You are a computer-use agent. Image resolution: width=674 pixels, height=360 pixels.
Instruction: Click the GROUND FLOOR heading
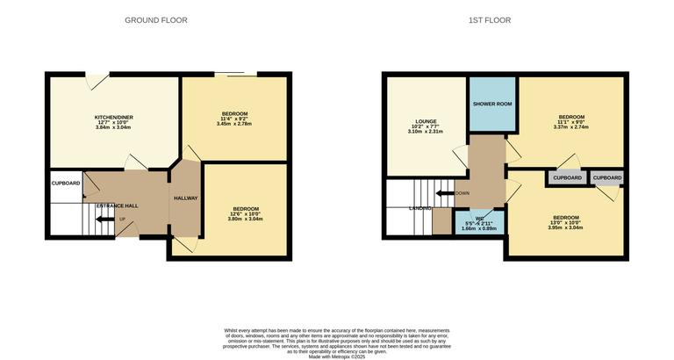pos(155,20)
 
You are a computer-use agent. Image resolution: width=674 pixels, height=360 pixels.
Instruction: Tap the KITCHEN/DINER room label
pos(113,116)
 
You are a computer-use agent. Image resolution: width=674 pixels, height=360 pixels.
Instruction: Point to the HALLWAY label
pos(185,198)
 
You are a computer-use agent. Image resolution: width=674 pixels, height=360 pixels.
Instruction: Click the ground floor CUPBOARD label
pos(66,183)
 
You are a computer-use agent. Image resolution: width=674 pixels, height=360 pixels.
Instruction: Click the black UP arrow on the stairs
pos(104,220)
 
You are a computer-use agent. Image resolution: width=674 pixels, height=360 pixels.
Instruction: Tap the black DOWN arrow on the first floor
pos(446,193)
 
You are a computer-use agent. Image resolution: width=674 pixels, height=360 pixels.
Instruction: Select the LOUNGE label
pos(426,121)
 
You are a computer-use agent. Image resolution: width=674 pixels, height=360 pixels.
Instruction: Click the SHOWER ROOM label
pos(492,104)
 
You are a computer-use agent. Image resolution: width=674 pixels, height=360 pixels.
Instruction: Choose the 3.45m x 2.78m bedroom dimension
pos(233,124)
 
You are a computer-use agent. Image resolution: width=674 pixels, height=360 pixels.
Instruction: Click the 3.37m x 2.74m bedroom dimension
pos(571,127)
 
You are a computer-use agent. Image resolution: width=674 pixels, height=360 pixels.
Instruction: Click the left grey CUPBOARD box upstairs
pos(566,177)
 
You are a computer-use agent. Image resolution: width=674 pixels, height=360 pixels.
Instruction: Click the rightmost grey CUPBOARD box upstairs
pos(607,177)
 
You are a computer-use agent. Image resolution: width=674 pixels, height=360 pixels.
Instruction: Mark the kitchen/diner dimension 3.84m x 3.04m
pos(113,127)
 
